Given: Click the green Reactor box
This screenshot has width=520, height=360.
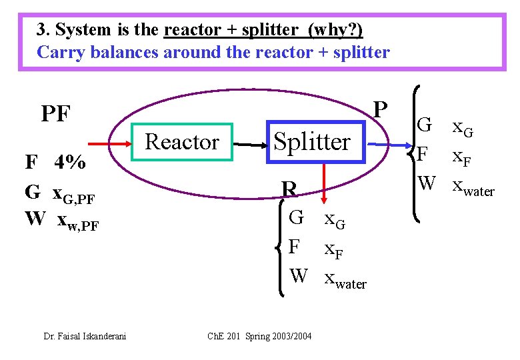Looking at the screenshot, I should (x=181, y=142).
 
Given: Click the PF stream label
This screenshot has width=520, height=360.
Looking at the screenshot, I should (x=55, y=114).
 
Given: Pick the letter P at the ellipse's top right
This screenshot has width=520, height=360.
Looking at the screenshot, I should (x=380, y=109).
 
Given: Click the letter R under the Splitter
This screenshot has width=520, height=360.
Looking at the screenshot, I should (x=289, y=190).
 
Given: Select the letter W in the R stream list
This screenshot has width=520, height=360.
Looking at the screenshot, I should (x=299, y=275).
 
